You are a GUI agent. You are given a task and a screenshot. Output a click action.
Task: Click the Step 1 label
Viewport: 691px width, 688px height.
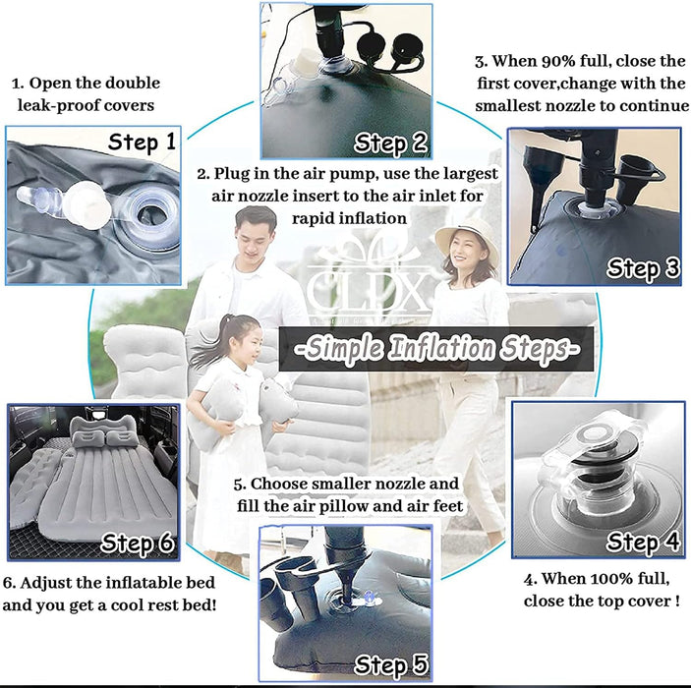click(x=143, y=143)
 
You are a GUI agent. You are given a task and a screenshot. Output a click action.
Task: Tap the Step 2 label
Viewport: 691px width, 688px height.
click(x=391, y=143)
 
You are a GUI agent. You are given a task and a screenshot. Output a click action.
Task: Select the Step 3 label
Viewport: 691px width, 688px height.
click(x=643, y=267)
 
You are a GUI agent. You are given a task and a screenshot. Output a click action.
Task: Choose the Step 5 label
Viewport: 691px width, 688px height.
click(x=391, y=665)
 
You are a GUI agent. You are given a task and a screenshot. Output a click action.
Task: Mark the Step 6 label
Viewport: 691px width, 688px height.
click(x=140, y=543)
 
